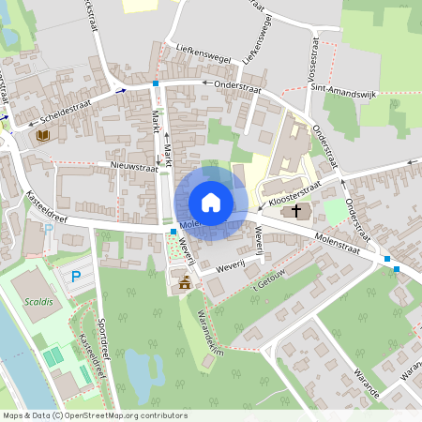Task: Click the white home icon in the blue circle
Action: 211,202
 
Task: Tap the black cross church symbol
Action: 297,211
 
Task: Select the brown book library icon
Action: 42,137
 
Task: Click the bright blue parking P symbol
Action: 76,276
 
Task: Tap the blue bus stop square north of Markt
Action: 156,83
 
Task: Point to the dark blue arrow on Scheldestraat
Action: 121,91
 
